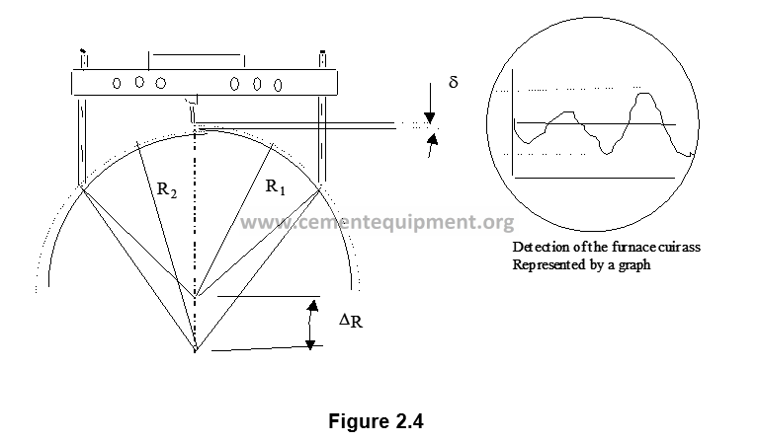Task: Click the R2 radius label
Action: click(167, 189)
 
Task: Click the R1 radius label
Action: click(276, 186)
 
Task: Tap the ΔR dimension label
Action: click(351, 321)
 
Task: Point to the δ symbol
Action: click(453, 82)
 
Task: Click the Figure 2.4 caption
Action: click(377, 421)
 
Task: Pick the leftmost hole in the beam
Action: click(117, 84)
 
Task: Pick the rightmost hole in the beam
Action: click(278, 86)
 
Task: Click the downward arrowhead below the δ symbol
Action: click(429, 117)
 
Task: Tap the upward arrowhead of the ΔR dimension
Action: click(313, 306)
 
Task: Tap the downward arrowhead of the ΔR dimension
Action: click(310, 344)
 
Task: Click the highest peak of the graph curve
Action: click(643, 94)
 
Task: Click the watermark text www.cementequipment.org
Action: click(378, 222)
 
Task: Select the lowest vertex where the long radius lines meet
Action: click(196, 349)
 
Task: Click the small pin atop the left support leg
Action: click(84, 58)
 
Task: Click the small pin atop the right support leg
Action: click(322, 58)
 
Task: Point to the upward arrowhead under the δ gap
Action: click(434, 140)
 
